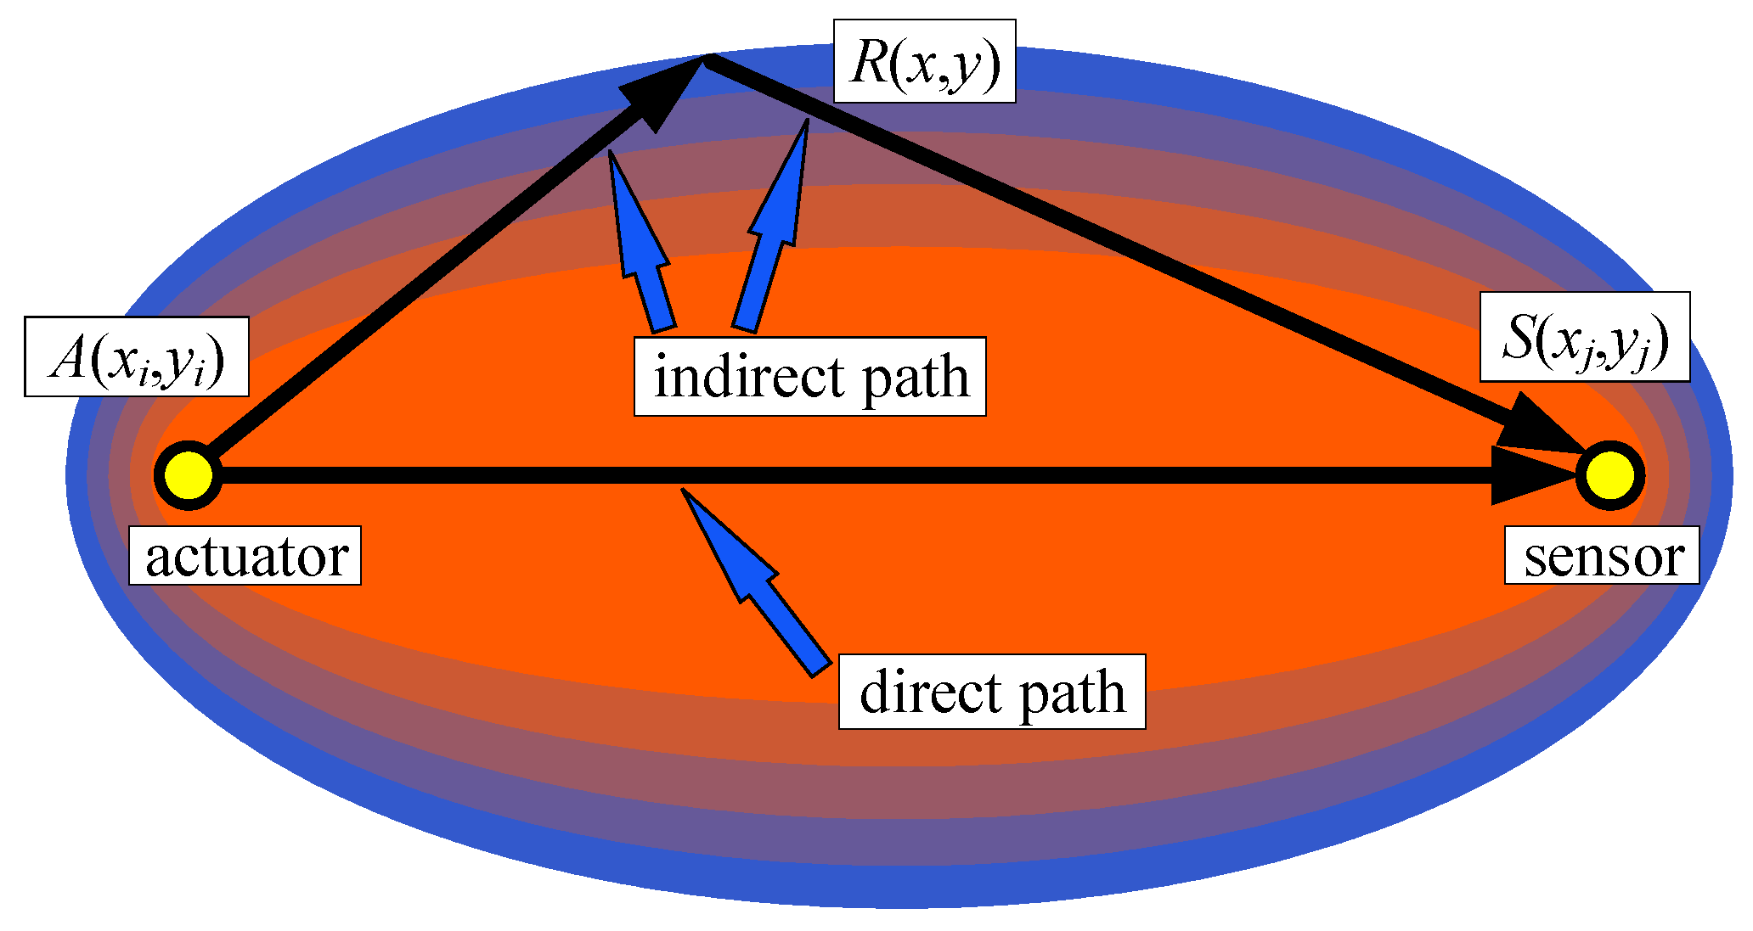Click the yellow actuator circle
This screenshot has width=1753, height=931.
[188, 475]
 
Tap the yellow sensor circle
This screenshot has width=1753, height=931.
[1609, 475]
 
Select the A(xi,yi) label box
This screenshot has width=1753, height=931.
[137, 357]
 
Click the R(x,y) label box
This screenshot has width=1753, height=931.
[924, 62]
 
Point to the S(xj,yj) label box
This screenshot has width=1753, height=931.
[1585, 338]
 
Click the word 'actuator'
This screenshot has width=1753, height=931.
[246, 558]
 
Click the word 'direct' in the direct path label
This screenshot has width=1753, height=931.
[930, 693]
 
